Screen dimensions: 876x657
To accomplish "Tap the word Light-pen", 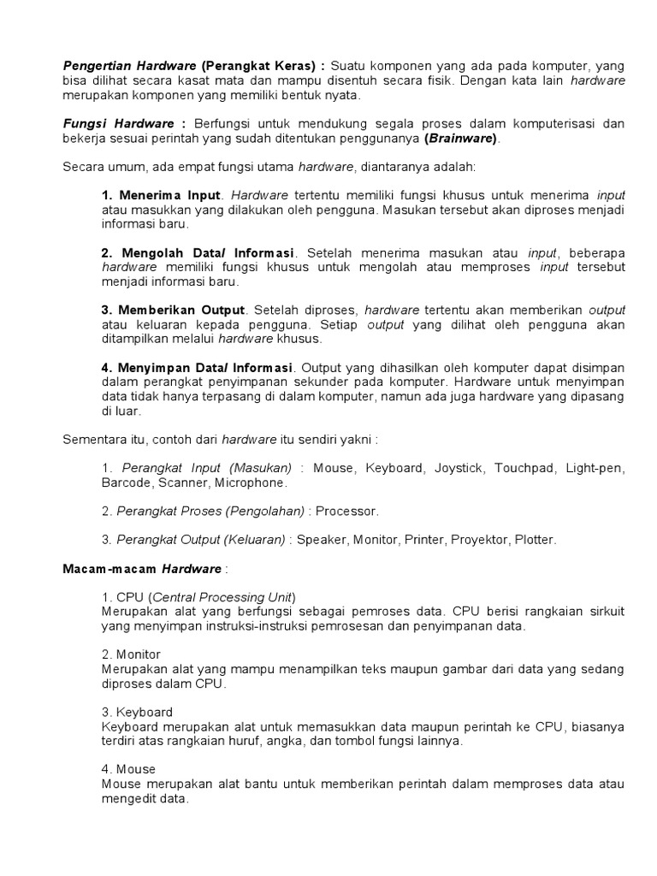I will click(x=595, y=468).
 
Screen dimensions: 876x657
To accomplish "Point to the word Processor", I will click(x=346, y=511).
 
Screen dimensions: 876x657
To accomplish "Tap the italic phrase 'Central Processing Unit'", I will click(x=222, y=597).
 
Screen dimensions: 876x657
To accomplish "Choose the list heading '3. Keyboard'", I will click(x=137, y=712).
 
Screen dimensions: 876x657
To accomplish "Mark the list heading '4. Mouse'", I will click(x=128, y=769).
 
